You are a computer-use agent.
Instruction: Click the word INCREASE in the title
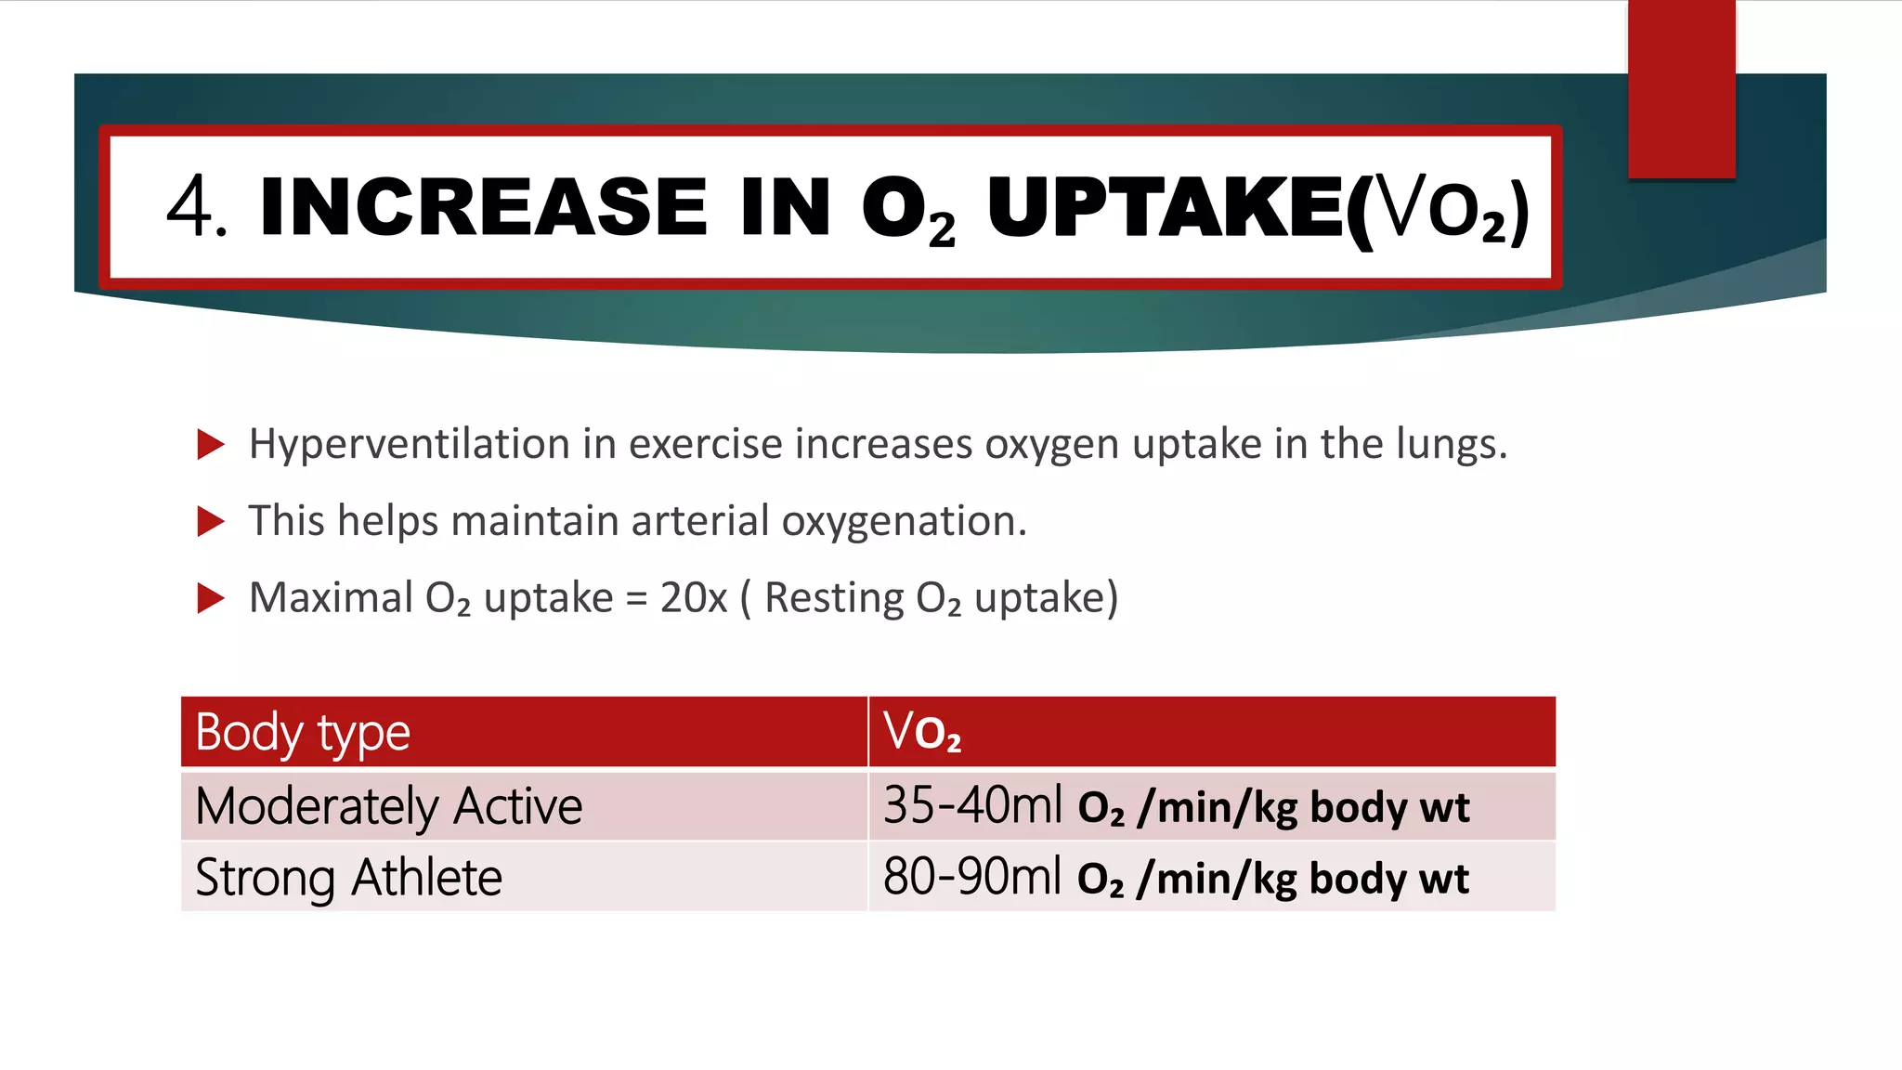483,207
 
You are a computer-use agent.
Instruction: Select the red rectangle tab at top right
1681,88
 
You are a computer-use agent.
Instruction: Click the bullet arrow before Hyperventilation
211,445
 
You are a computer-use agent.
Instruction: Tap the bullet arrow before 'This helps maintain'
211,522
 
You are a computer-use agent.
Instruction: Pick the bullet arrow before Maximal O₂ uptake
211,598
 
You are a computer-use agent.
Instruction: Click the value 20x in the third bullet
693,597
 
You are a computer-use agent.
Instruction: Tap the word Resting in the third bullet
833,598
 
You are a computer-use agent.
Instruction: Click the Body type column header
302,733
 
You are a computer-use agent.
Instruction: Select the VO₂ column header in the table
922,732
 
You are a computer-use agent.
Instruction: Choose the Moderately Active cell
389,806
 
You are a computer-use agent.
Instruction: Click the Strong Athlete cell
348,878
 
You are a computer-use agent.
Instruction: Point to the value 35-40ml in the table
971,805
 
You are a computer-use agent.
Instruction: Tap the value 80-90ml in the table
971,877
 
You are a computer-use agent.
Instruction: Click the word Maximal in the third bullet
331,597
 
